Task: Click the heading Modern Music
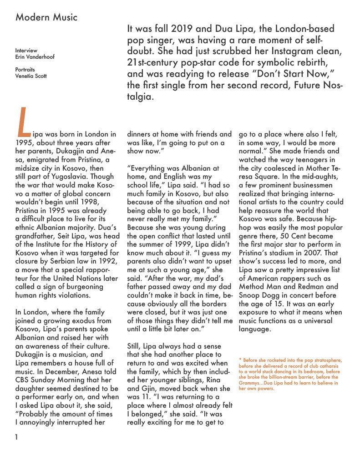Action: click(x=46, y=18)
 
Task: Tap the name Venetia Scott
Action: click(x=31, y=76)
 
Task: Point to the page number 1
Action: click(x=16, y=438)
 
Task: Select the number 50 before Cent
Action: click(x=279, y=236)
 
